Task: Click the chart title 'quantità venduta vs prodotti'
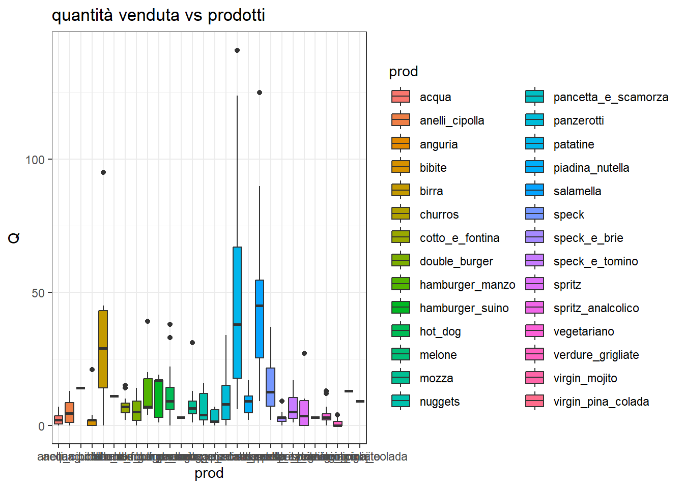(158, 15)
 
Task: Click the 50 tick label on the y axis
(38, 293)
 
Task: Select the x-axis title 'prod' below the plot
(209, 473)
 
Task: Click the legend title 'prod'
(403, 72)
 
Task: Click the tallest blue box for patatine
(237, 313)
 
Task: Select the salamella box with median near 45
(260, 319)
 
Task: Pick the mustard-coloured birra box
(103, 349)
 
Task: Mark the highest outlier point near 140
(237, 50)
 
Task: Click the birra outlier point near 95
(103, 172)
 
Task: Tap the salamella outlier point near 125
(260, 93)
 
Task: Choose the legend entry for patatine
(574, 144)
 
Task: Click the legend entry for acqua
(435, 97)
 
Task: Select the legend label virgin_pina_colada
(601, 402)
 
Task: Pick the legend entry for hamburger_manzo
(467, 285)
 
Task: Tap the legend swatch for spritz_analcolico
(535, 308)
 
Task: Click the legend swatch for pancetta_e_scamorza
(535, 97)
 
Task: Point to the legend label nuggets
(440, 402)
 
